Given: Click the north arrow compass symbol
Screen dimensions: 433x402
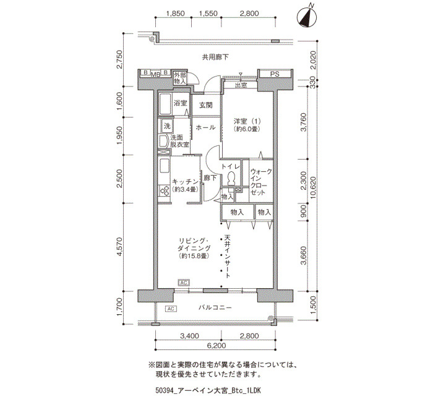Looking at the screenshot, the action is (307, 17).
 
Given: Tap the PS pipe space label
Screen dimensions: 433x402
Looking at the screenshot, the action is (275, 74).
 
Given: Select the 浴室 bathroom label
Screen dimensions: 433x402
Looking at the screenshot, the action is (181, 103).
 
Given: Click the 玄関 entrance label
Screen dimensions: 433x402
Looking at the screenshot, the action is (206, 105).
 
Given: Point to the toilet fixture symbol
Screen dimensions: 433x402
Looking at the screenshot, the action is (231, 178).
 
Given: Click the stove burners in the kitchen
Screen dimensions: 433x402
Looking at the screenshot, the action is (165, 190).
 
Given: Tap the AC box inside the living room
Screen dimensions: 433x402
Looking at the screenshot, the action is (184, 283).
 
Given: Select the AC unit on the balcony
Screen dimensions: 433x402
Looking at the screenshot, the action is (171, 309).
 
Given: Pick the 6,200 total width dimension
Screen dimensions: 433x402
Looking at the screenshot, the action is (215, 345).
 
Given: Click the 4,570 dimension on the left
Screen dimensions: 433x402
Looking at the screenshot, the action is (119, 247).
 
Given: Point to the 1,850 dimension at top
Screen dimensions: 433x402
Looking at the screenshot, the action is (176, 13).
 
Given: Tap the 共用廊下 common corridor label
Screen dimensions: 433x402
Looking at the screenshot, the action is (215, 57).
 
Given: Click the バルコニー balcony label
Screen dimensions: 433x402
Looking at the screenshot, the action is (215, 307).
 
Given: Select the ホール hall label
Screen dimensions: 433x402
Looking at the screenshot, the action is (205, 127).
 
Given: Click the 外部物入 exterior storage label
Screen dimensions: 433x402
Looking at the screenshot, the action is (180, 79).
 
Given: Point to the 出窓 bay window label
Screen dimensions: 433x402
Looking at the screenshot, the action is (241, 85).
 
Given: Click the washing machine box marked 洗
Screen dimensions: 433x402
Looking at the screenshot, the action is (167, 126).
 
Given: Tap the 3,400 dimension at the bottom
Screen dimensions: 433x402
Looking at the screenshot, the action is (189, 336).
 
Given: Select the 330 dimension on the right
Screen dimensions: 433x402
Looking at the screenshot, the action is (313, 82).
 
